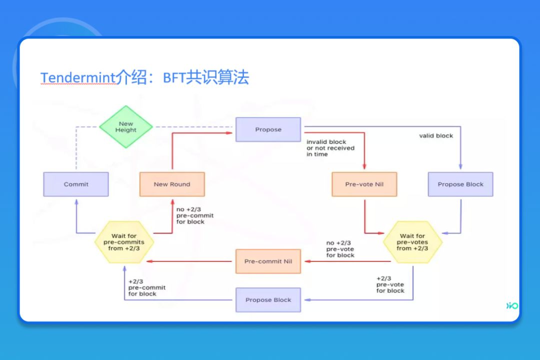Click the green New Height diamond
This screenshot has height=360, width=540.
pyautogui.click(x=125, y=127)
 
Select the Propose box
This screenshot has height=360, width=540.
pyautogui.click(x=268, y=129)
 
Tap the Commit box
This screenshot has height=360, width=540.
pyautogui.click(x=76, y=184)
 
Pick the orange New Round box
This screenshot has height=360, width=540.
pyautogui.click(x=172, y=184)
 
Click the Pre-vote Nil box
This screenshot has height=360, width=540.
pyautogui.click(x=364, y=184)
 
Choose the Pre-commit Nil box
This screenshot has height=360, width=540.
pyautogui.click(x=268, y=261)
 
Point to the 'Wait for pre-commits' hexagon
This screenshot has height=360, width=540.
pyautogui.click(x=124, y=242)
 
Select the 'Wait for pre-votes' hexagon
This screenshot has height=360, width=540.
pyautogui.click(x=412, y=242)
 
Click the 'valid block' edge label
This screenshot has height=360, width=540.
pyautogui.click(x=436, y=136)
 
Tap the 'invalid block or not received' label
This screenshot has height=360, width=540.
pyautogui.click(x=330, y=148)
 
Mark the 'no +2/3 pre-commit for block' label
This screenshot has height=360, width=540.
pyautogui.click(x=194, y=216)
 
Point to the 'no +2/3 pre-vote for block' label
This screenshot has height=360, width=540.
pyautogui.click(x=340, y=249)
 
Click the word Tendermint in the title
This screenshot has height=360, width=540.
pyautogui.click(x=77, y=78)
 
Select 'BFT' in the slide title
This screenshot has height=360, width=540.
pyautogui.click(x=174, y=78)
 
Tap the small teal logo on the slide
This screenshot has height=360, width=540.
pyautogui.click(x=511, y=305)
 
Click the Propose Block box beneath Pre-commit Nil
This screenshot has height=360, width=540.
pyautogui.click(x=268, y=300)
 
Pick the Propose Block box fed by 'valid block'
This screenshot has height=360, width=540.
pyautogui.click(x=460, y=184)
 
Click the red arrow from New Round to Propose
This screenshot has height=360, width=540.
pyautogui.click(x=172, y=150)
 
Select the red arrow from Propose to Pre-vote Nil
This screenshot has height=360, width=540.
pyautogui.click(x=364, y=150)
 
